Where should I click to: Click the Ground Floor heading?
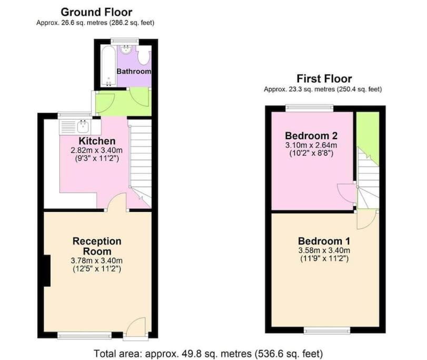96,12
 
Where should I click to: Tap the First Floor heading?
324,79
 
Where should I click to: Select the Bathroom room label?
134,71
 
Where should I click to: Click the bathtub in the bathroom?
108,66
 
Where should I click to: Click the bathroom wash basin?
126,50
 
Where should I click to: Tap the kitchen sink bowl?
83,127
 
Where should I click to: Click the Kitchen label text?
97,141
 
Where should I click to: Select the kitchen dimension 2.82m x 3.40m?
96,150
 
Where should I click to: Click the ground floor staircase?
140,163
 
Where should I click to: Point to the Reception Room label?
97,246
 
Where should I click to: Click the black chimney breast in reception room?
47,270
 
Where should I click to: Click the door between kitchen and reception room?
117,202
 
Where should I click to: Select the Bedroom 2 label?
311,135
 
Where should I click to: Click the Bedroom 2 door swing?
346,193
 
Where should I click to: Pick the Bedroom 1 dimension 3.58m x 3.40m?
324,250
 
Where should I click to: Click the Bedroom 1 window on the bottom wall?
327,331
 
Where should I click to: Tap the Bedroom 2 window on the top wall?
310,108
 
